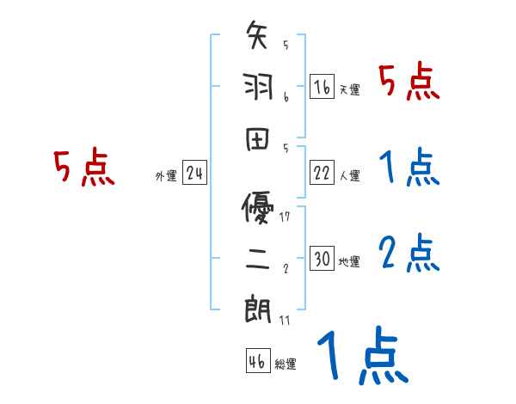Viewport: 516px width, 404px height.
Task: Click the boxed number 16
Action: pyautogui.click(x=322, y=86)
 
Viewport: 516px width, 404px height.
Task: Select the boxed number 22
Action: pyautogui.click(x=322, y=173)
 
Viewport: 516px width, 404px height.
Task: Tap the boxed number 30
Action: pyautogui.click(x=322, y=259)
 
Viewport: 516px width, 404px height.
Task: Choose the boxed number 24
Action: pyautogui.click(x=194, y=174)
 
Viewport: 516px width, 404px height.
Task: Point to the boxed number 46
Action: pyautogui.click(x=257, y=361)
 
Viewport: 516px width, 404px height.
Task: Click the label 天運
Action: pyautogui.click(x=349, y=89)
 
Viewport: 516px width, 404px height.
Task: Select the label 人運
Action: pyautogui.click(x=349, y=176)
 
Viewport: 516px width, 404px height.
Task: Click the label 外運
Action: pyautogui.click(x=166, y=177)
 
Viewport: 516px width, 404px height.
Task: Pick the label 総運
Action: pyautogui.click(x=285, y=364)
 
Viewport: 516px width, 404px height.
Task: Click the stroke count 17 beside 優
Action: pyautogui.click(x=285, y=216)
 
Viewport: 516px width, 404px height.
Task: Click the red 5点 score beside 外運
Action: pyautogui.click(x=83, y=168)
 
